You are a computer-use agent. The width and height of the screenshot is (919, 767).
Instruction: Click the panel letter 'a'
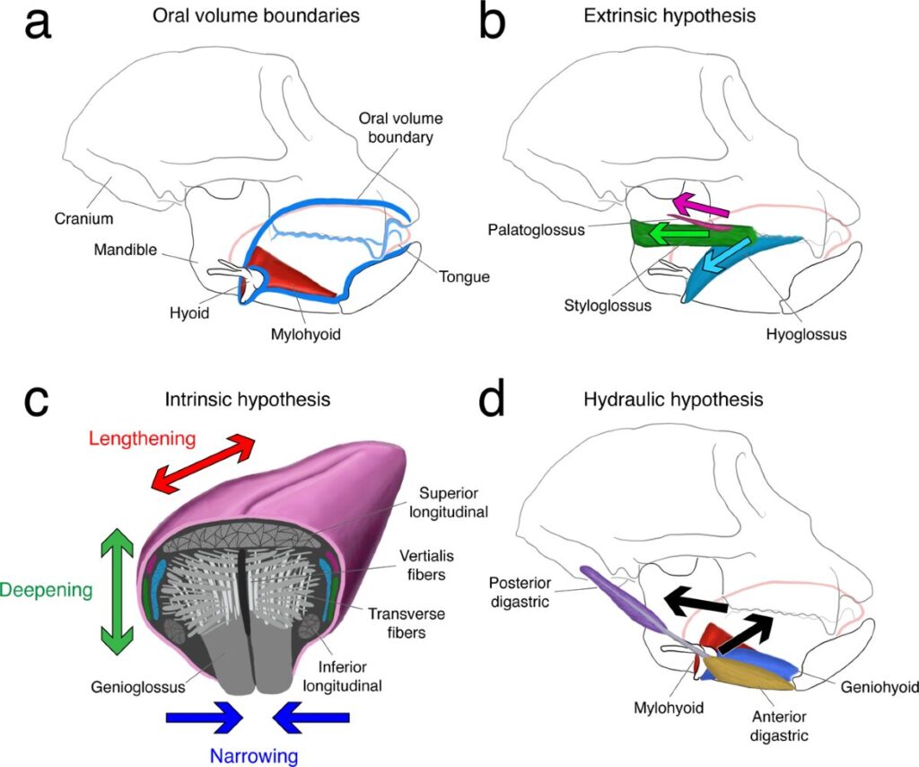click(x=37, y=25)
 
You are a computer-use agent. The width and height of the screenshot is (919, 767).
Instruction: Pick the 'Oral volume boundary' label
click(x=400, y=128)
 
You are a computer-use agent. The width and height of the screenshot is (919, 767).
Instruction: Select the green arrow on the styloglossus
click(x=683, y=234)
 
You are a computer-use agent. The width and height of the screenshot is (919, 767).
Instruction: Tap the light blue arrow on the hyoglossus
click(x=724, y=260)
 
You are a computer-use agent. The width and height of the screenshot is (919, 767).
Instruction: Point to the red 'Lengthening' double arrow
click(x=203, y=463)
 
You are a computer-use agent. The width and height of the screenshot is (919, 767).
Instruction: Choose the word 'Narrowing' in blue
click(x=254, y=755)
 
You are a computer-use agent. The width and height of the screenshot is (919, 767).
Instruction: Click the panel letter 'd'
click(x=494, y=401)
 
